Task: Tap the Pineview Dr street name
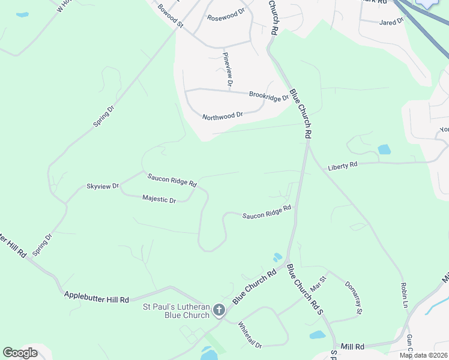(228, 70)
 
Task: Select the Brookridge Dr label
(269, 95)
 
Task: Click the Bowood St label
(170, 16)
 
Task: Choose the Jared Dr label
(391, 22)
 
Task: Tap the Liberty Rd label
(343, 166)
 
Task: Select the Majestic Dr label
(159, 199)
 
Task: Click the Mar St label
(318, 283)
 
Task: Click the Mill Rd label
(352, 347)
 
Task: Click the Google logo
(20, 352)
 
